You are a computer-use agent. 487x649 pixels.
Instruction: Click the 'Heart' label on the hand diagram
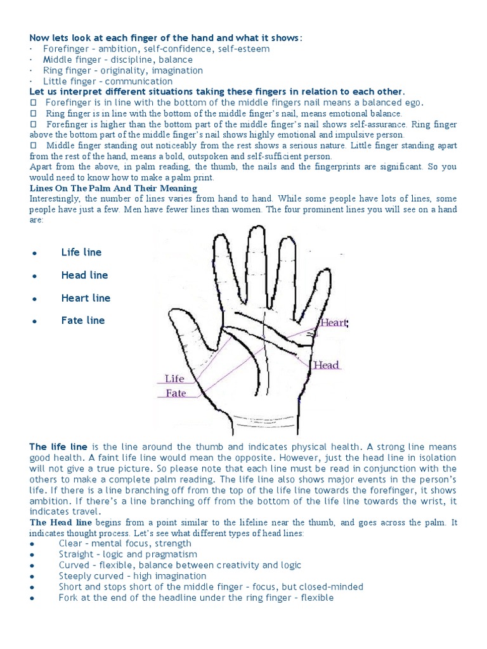point(333,323)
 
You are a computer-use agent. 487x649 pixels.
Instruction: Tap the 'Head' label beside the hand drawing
point(326,365)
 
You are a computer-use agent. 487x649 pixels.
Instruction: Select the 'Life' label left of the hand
point(174,379)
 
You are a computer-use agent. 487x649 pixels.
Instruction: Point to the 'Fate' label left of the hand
point(176,393)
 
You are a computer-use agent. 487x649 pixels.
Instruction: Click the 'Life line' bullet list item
point(81,252)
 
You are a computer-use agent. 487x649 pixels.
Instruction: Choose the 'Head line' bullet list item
point(84,275)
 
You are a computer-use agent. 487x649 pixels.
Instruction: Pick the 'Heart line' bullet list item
point(86,298)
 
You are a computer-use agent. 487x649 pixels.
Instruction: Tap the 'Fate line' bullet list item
point(83,320)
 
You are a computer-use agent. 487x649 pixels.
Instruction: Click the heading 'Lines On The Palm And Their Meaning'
point(114,188)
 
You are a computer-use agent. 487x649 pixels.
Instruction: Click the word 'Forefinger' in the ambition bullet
point(67,49)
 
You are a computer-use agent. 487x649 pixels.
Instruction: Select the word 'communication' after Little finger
point(138,81)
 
